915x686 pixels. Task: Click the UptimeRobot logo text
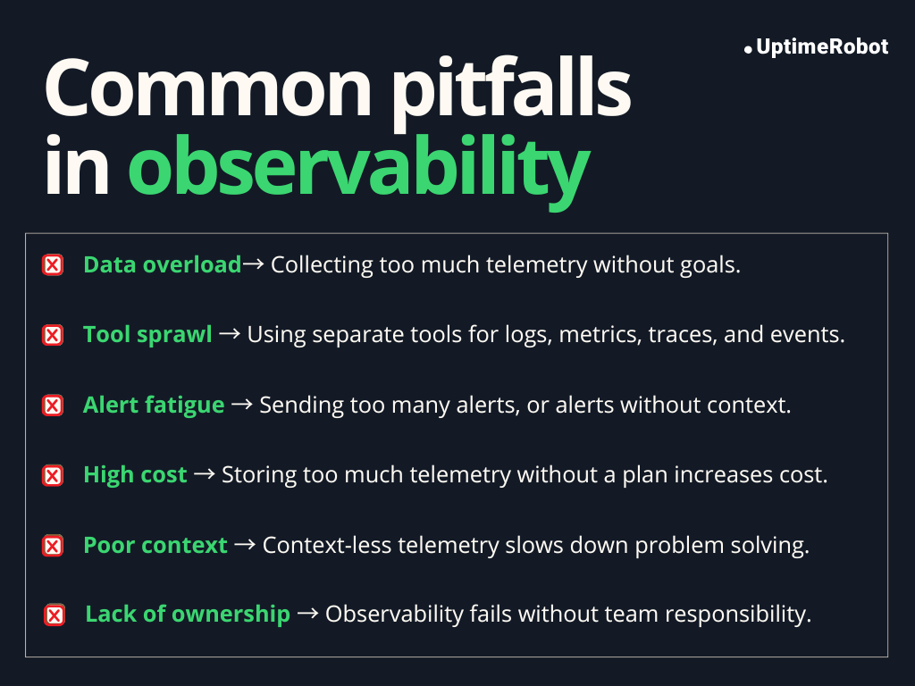point(821,47)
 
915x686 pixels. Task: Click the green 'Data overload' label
point(162,264)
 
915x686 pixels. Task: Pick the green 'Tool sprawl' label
point(147,334)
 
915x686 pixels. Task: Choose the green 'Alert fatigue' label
point(154,405)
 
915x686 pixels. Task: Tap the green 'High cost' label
point(135,474)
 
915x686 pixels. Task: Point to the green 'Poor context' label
point(155,545)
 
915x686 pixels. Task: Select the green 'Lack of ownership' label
point(188,614)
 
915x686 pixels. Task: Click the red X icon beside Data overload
point(54,265)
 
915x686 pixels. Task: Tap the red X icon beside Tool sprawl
point(54,335)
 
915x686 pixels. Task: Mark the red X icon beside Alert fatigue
point(54,406)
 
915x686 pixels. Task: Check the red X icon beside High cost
point(54,475)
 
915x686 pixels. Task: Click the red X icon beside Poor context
point(54,546)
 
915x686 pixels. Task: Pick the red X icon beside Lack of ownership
point(55,615)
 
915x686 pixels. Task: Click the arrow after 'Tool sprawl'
point(230,334)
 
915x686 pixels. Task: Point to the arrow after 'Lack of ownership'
point(307,614)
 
